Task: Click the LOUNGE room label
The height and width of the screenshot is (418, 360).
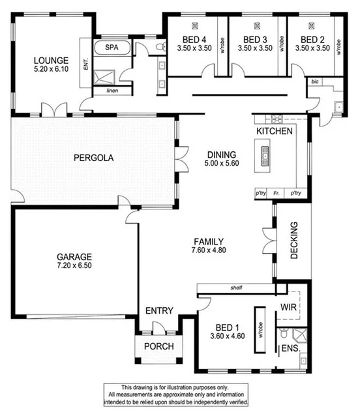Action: [47, 58]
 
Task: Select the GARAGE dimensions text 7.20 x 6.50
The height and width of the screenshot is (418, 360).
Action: [74, 266]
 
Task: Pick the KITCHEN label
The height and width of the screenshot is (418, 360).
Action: [273, 131]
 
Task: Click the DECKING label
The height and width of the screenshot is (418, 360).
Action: [294, 241]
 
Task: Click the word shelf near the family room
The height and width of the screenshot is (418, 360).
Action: [236, 287]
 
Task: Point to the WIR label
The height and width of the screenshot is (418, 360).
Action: [289, 306]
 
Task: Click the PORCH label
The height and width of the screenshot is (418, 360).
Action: [159, 346]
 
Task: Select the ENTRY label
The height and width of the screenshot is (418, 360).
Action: [159, 311]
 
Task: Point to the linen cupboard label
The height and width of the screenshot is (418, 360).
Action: [113, 91]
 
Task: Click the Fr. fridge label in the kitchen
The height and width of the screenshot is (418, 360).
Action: [277, 194]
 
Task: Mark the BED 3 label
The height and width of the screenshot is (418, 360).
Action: [254, 39]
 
